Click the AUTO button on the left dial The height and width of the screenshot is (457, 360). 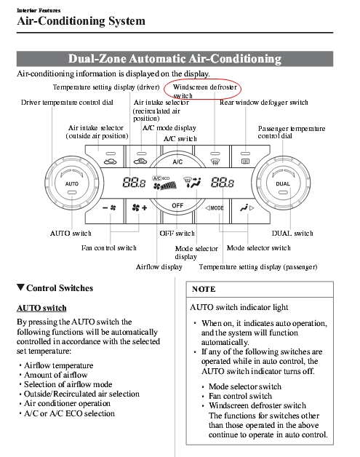pos(72,184)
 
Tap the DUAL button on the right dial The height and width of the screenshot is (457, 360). pos(282,184)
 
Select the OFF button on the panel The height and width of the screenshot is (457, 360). pos(177,205)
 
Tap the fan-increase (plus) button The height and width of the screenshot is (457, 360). pos(140,208)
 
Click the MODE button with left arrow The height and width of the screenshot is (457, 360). pos(215,208)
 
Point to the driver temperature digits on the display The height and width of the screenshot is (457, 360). pos(134,183)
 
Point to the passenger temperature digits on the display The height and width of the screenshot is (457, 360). pos(223,183)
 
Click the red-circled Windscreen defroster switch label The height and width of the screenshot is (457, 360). pos(204,91)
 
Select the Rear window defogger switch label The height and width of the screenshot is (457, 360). pos(263,103)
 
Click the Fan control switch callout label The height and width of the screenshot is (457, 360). pos(108,248)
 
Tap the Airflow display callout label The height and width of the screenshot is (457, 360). pos(159,267)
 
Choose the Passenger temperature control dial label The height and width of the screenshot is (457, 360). pos(291,132)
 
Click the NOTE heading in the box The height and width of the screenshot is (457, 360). pos(204,289)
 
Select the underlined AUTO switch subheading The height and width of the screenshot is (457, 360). pos(41,308)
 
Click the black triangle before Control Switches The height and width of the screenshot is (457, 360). pos(20,287)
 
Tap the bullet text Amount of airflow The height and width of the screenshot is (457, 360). pos(55,375)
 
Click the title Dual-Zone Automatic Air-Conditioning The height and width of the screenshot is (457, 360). pos(175,59)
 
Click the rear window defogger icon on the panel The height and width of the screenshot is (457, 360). pos(246,161)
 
